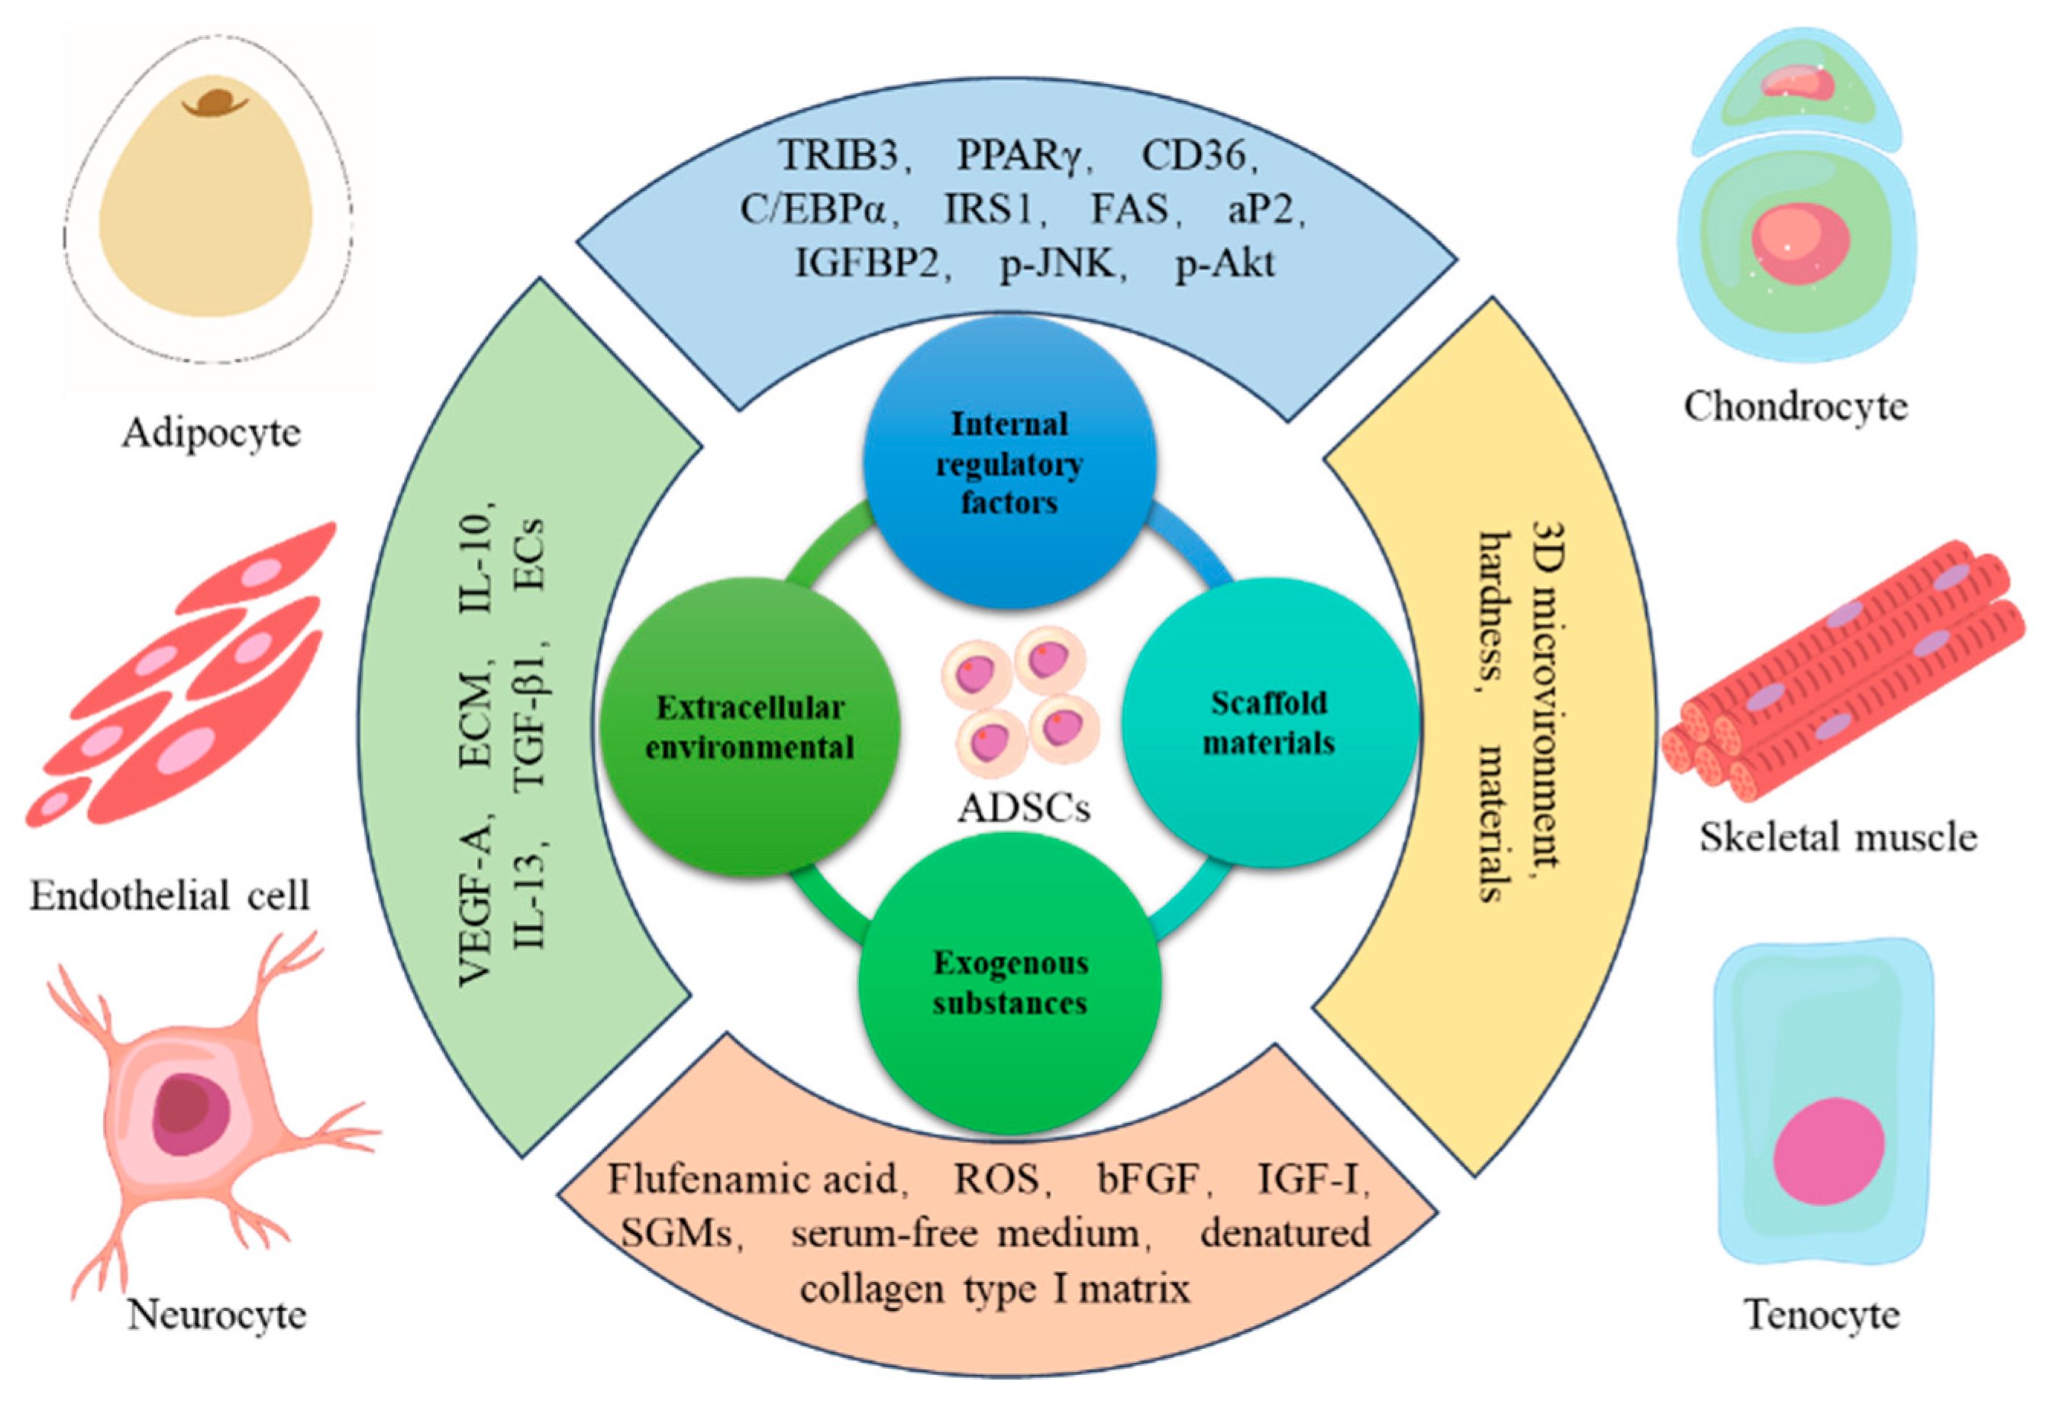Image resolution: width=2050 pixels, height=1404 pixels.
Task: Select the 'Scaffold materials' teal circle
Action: pos(1268,723)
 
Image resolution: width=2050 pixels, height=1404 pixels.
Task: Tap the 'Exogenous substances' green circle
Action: pos(1009,983)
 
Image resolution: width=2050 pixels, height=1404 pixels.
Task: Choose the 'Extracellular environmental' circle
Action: pos(750,728)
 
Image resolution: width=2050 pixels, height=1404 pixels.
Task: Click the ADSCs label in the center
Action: pos(1023,808)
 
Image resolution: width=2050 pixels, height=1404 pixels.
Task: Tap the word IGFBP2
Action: pos(870,263)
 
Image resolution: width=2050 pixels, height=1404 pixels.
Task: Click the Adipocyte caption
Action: pos(211,433)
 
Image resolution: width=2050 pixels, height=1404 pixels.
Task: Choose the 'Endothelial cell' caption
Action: pos(170,897)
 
